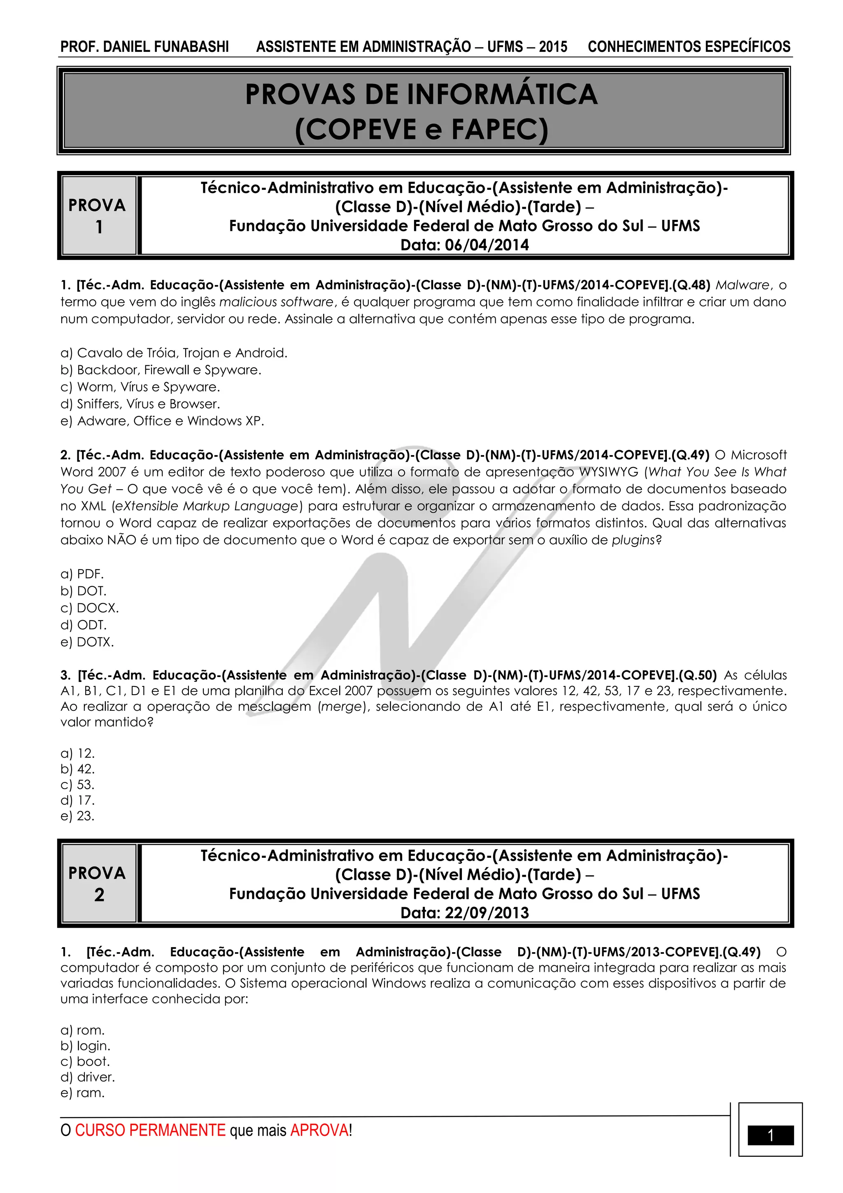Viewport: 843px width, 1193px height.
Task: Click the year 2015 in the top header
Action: (553, 47)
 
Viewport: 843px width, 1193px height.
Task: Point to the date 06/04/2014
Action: (487, 245)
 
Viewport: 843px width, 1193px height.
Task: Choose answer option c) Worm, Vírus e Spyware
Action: (140, 387)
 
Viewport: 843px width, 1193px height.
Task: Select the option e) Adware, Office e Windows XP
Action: (162, 421)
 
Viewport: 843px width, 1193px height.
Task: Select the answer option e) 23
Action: (77, 816)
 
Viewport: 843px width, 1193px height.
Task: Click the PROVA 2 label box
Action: (98, 883)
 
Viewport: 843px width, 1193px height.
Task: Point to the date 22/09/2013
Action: (487, 913)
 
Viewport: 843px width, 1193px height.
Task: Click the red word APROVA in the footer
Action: (319, 1130)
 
